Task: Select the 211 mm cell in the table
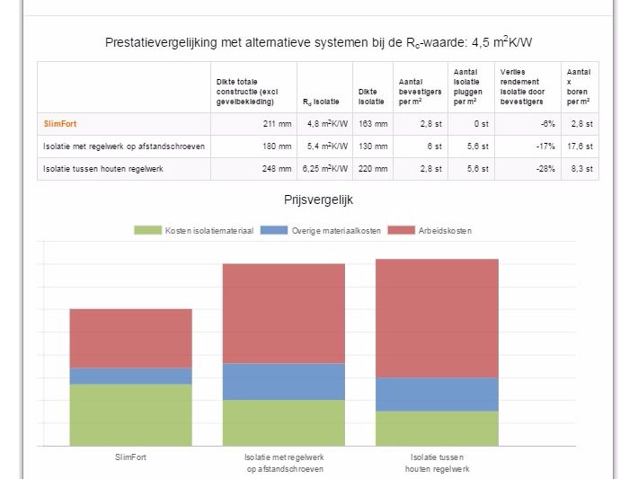point(278,123)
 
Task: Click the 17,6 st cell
point(580,146)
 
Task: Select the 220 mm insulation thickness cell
point(373,168)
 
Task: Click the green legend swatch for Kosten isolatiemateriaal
point(148,231)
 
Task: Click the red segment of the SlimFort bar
point(131,338)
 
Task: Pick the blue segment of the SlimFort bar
point(131,376)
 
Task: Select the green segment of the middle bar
point(283,422)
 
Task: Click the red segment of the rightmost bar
point(437,317)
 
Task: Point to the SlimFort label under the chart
point(131,457)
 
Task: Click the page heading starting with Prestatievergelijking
point(322,41)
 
